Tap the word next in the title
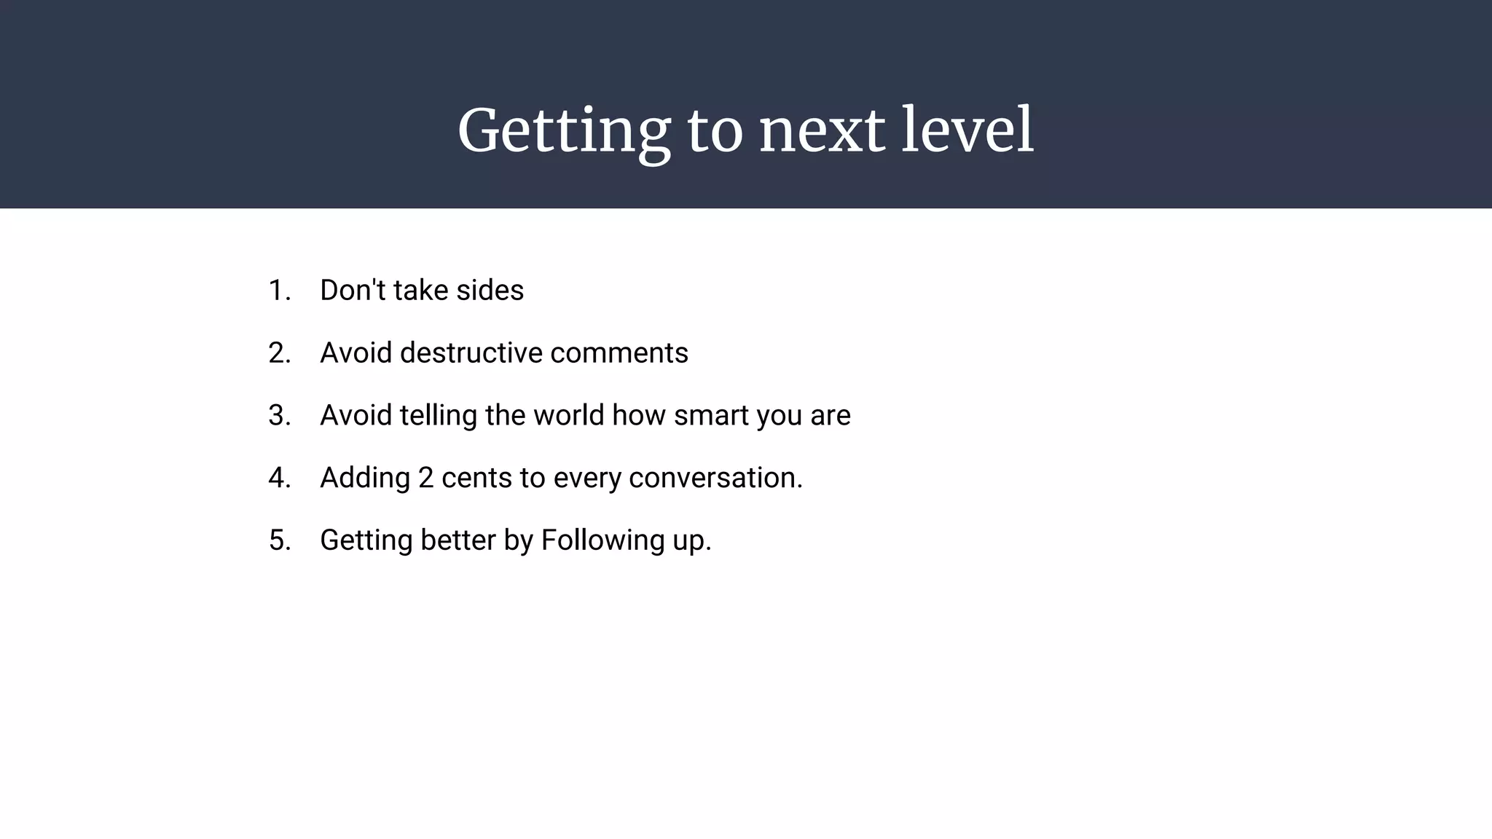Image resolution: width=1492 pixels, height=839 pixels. click(822, 131)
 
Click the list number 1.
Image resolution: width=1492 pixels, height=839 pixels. click(278, 291)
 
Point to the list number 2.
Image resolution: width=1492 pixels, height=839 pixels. click(278, 353)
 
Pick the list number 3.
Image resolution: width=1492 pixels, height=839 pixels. click(278, 416)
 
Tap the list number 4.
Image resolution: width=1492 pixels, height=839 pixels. click(278, 478)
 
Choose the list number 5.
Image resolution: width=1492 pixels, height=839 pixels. click(278, 540)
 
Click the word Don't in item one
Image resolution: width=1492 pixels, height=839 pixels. click(353, 291)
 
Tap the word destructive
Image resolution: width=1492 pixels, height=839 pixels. click(471, 353)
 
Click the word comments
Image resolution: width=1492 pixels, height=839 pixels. click(619, 353)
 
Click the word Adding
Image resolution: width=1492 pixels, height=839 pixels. click(365, 478)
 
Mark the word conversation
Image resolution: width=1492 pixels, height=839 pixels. click(715, 478)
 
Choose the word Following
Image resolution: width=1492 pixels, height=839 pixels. click(602, 540)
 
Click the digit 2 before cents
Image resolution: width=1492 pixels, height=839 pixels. click(425, 478)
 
